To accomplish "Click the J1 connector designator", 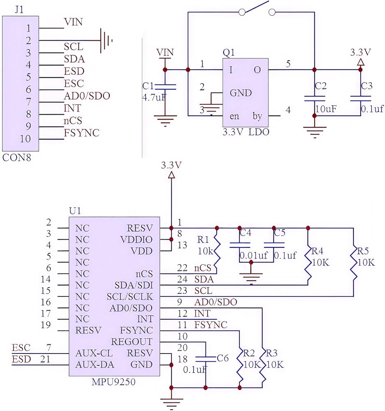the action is click(19, 10).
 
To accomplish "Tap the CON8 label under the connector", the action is click(16, 157).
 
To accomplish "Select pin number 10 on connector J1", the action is click(25, 139).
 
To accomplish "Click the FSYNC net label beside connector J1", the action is click(81, 133).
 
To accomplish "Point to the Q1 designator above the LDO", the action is click(228, 53).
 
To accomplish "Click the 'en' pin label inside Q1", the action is click(234, 116).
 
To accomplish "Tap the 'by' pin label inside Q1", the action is click(257, 116).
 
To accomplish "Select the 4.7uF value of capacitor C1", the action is click(154, 97).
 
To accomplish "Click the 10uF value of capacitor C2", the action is click(326, 109).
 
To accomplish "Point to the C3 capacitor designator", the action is click(367, 86).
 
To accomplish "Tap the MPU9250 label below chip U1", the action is click(113, 382).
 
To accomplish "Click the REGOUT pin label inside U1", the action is click(131, 342).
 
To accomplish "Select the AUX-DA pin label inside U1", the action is click(95, 365).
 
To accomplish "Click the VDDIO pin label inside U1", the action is click(136, 240).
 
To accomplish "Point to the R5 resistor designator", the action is click(363, 251).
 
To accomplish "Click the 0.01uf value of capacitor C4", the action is click(254, 255).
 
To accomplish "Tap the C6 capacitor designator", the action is click(223, 358).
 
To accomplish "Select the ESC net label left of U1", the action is click(21, 348).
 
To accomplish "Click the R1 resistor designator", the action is click(203, 240).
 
